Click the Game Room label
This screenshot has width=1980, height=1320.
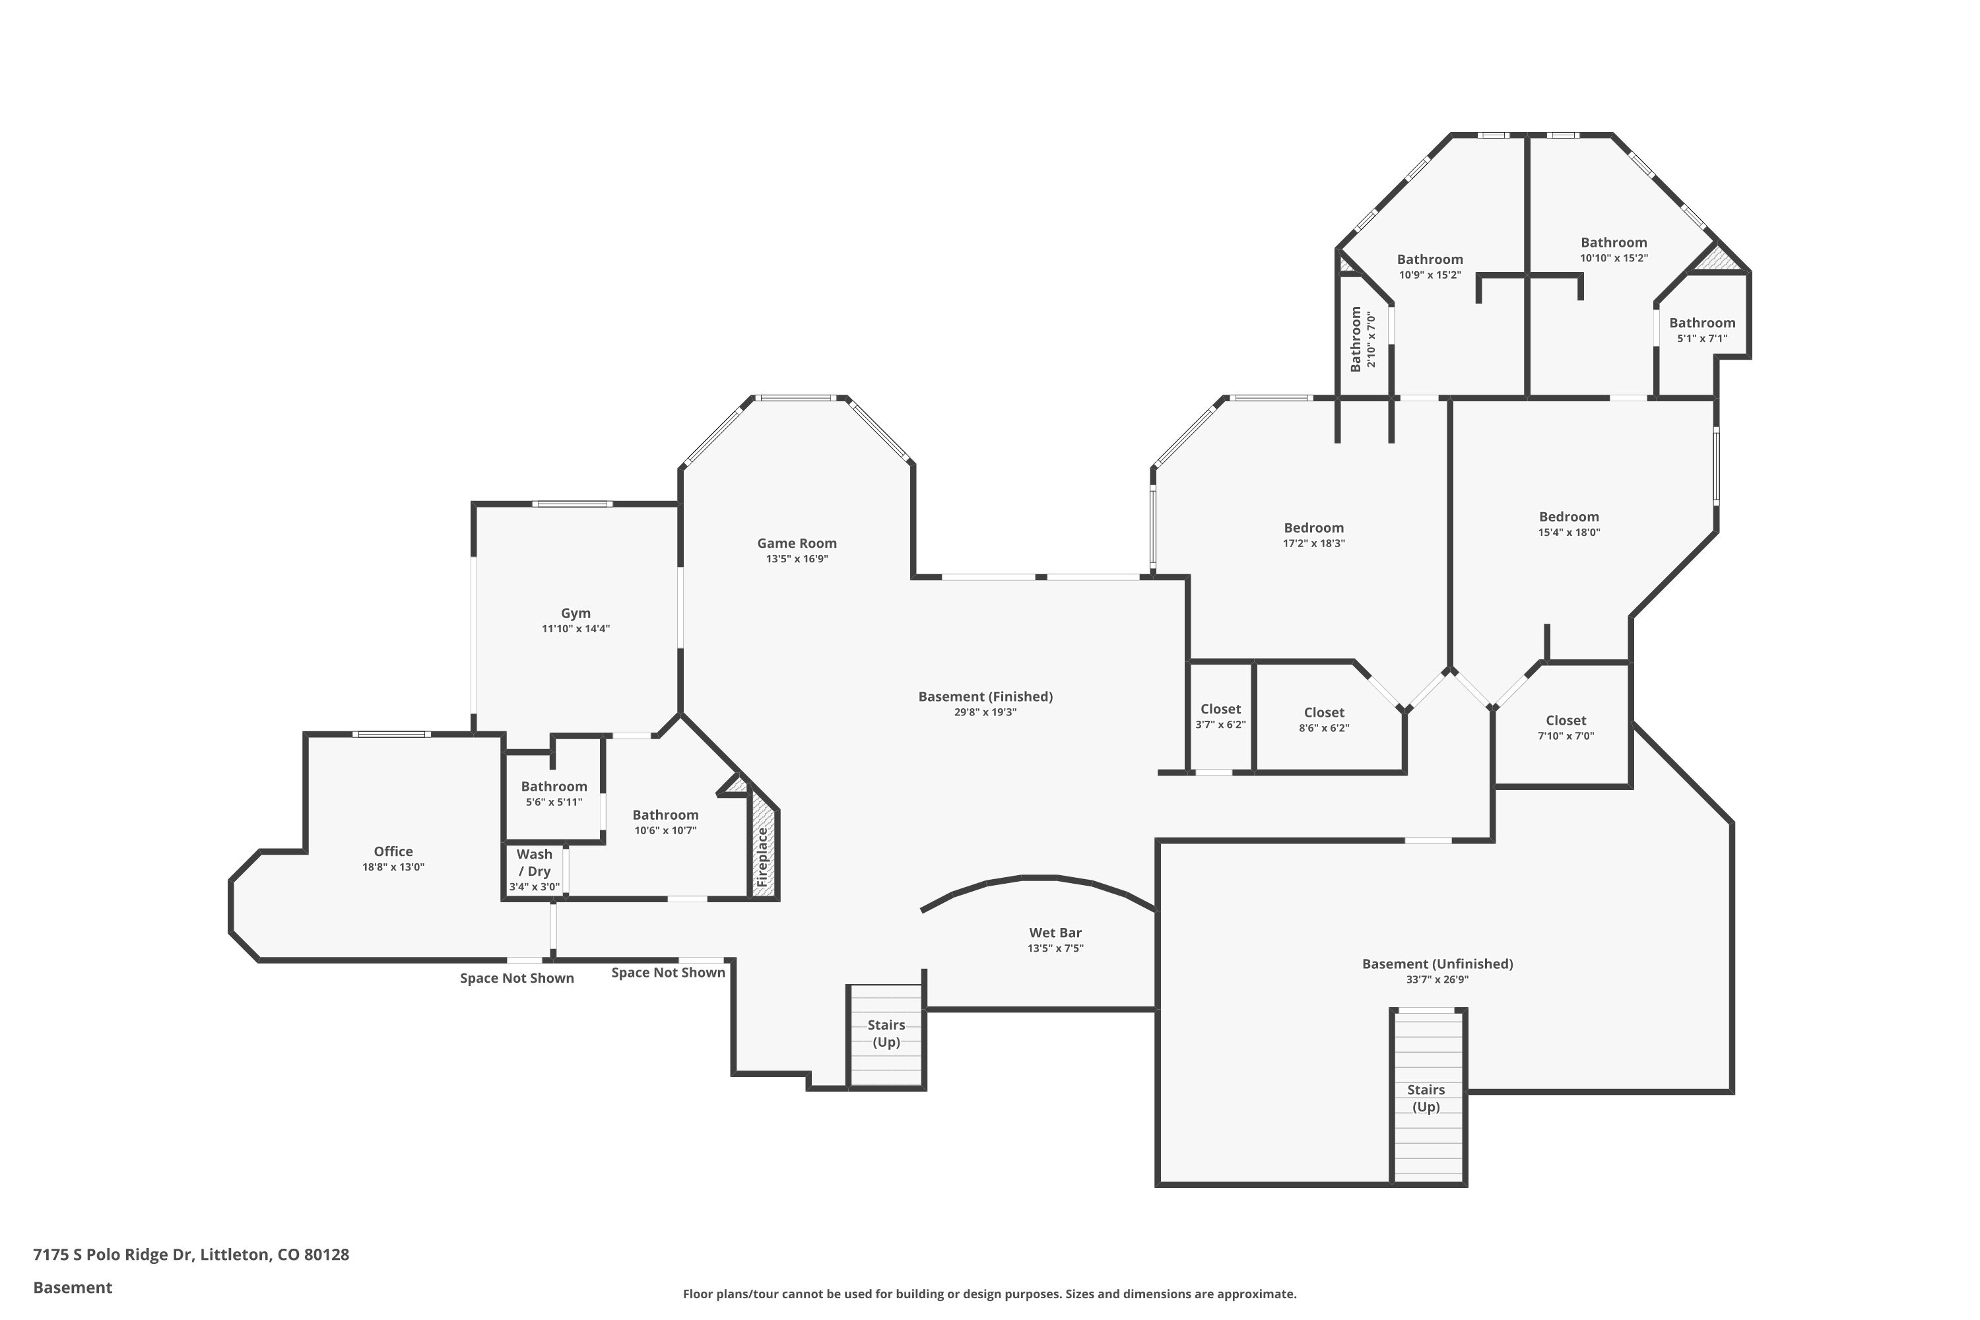coord(797,544)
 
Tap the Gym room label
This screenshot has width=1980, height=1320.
coord(576,614)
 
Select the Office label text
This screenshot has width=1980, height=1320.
coord(393,851)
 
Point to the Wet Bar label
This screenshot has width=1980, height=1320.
coord(1055,933)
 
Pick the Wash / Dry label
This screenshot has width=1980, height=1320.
coord(535,863)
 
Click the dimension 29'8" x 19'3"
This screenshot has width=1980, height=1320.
coord(985,712)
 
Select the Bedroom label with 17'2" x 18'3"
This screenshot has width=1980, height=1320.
coord(1313,529)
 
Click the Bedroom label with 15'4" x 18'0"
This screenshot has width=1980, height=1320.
coord(1568,517)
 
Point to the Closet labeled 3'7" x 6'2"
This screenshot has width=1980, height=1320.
coord(1220,709)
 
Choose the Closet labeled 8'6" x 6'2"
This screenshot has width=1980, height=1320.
coord(1324,713)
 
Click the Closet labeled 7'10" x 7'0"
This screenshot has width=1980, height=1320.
coord(1566,721)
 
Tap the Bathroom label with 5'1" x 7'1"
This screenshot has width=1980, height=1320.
coord(1702,323)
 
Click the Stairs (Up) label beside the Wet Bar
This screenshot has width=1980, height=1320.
coord(886,1034)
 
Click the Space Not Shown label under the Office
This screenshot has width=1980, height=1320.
coord(517,978)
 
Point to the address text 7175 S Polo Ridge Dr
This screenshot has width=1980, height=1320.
coord(114,1255)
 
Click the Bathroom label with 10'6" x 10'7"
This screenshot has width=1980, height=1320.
coord(665,815)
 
